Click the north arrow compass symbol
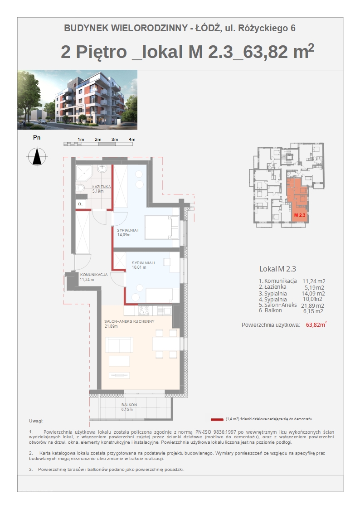tap(37, 156)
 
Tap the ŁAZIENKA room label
tap(101, 187)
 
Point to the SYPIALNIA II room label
tap(143, 262)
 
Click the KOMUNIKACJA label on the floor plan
tap(94, 275)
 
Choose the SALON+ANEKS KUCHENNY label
tap(129, 321)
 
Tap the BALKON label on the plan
tap(129, 405)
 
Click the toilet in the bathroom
tap(80, 188)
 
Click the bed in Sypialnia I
tap(162, 228)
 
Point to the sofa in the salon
tap(119, 345)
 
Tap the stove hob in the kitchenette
tap(143, 310)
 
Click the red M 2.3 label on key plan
tap(300, 215)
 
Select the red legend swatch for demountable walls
tap(217, 419)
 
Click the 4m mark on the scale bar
tap(132, 139)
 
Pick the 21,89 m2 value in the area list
tap(312, 305)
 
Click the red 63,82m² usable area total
tap(316, 324)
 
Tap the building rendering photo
tap(77, 100)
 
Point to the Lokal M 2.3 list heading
tap(277, 269)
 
